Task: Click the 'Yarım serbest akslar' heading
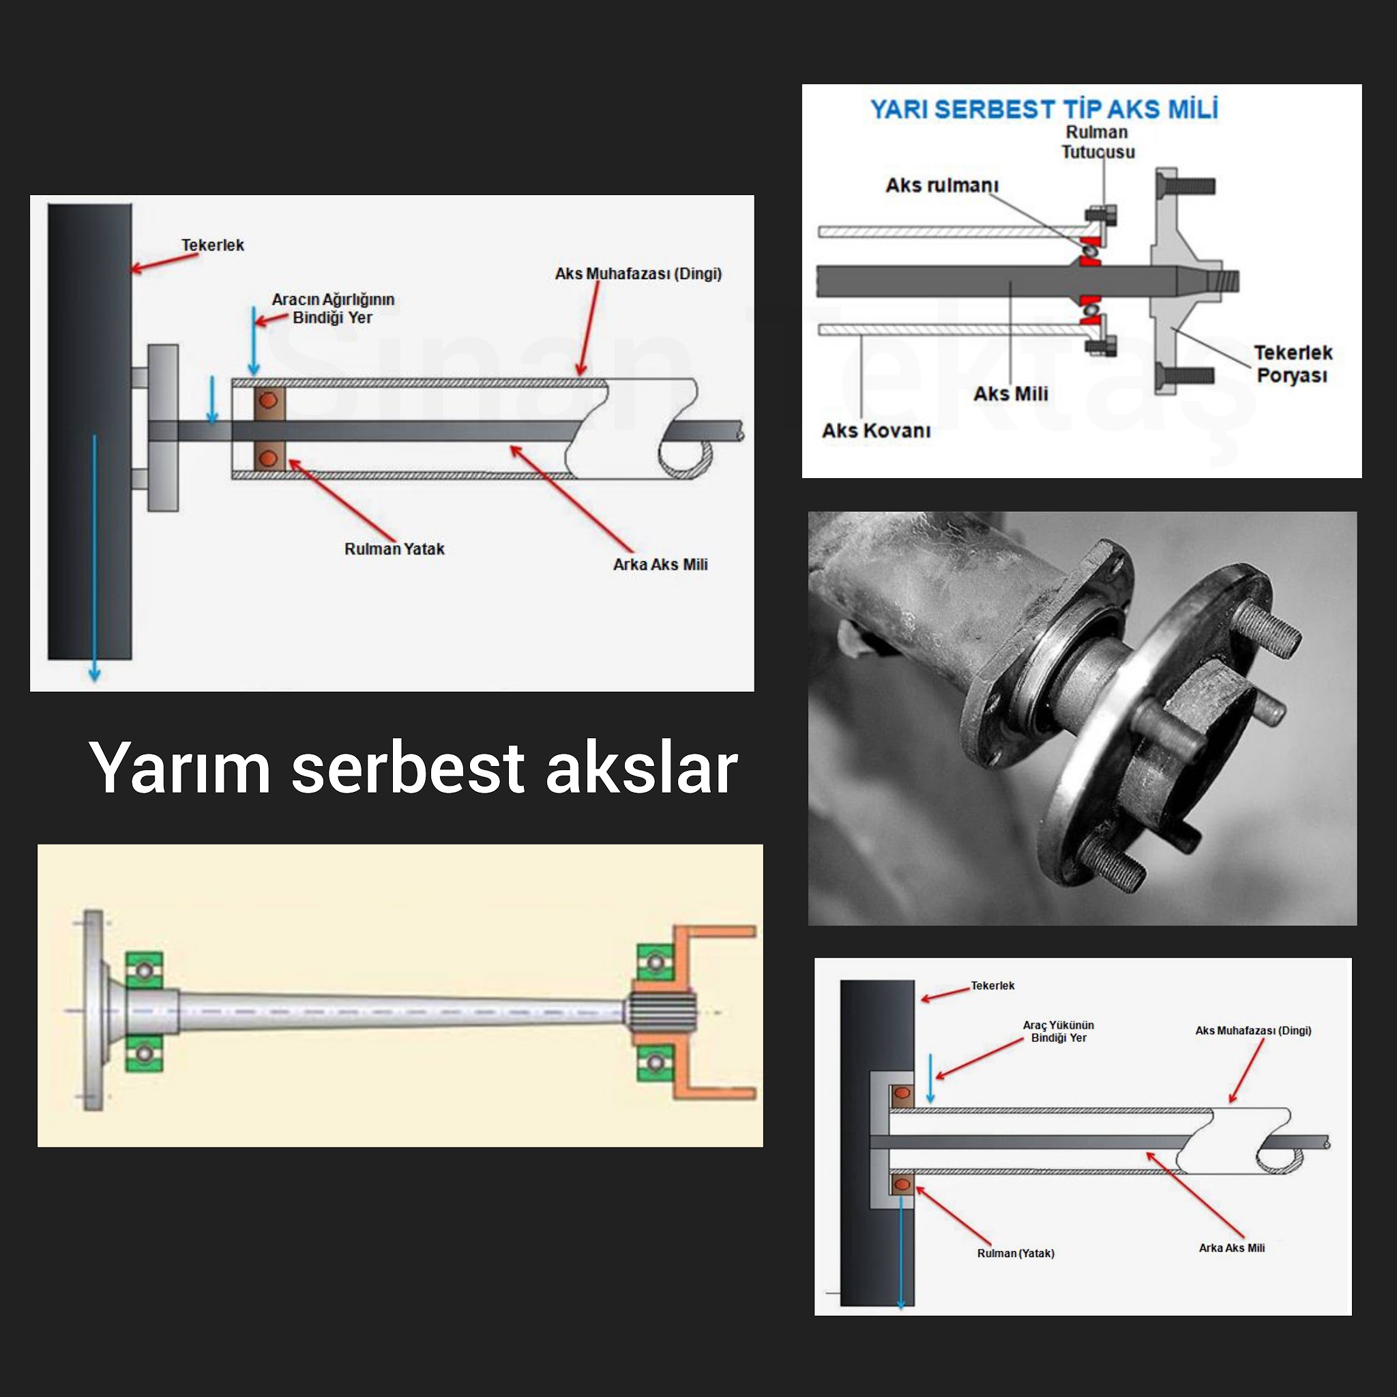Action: tap(413, 768)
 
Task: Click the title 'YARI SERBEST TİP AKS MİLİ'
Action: tap(1044, 109)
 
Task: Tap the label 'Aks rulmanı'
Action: tap(941, 186)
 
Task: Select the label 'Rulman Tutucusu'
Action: tap(1097, 142)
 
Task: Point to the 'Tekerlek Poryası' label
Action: tap(1292, 364)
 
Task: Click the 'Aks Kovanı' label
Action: tap(876, 431)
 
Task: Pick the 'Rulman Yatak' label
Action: tap(394, 549)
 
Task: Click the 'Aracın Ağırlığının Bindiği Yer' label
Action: tap(333, 309)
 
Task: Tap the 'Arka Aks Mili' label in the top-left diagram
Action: tap(660, 565)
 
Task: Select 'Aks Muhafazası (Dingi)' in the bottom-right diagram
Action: tap(1252, 1031)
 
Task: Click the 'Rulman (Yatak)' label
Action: tap(1015, 1253)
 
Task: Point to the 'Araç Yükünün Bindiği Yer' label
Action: tap(1058, 1031)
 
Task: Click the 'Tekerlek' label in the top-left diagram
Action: tap(213, 245)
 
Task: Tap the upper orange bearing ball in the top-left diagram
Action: tap(268, 400)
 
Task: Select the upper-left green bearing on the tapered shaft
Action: tap(145, 970)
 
